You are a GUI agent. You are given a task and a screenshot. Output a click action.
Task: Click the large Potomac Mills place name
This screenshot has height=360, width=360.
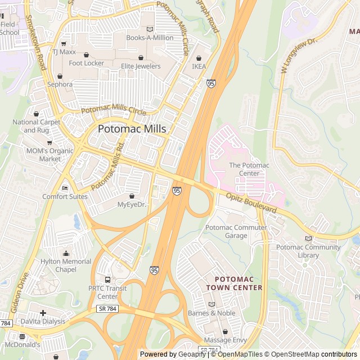[x=132, y=129]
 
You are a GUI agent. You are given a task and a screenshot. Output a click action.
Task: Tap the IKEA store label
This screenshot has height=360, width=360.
[x=199, y=66]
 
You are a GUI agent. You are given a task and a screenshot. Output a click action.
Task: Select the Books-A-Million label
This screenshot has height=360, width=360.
[x=150, y=38]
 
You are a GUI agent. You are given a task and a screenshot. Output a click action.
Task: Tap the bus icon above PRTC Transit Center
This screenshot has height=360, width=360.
[x=107, y=280]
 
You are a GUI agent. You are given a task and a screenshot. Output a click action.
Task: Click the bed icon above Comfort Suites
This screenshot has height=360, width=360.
[x=65, y=188]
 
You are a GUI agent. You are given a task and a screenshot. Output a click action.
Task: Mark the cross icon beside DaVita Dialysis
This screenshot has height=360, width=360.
[x=43, y=313]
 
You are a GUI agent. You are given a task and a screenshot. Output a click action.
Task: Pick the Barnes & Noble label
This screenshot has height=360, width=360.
[x=211, y=313]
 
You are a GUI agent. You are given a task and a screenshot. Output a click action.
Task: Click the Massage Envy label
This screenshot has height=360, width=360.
[x=225, y=340]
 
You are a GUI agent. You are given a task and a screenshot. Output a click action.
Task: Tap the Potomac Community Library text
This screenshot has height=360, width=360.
[x=308, y=251]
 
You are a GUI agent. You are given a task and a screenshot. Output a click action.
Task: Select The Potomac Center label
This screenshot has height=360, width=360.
[x=249, y=169]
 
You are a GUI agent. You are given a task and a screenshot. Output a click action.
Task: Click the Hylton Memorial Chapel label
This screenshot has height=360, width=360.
[x=66, y=265]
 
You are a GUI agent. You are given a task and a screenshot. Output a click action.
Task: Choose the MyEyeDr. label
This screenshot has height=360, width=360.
[x=132, y=204]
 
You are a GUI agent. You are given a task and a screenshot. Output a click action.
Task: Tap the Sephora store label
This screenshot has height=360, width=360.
[x=60, y=84]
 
